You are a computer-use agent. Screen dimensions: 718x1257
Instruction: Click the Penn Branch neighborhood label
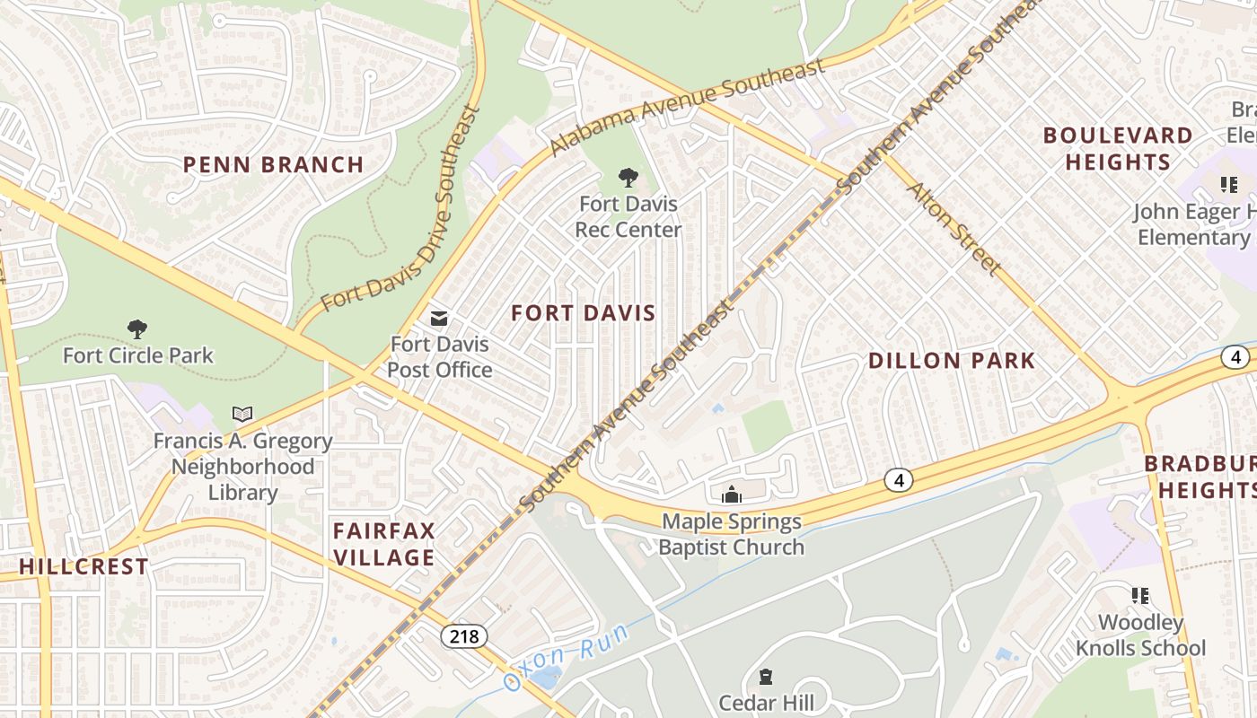tap(273, 165)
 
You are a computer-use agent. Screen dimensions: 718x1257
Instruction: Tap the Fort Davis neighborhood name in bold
tap(583, 313)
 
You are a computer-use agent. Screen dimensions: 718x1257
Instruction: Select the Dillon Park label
tap(952, 361)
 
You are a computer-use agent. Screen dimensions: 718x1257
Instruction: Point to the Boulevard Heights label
tap(1118, 149)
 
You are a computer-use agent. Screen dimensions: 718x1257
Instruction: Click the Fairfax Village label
tap(383, 544)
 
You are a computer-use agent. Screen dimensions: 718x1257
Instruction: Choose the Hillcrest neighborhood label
tap(84, 567)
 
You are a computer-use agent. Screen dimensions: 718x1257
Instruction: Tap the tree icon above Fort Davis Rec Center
tap(628, 178)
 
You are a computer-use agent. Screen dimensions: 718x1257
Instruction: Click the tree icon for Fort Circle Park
tap(137, 329)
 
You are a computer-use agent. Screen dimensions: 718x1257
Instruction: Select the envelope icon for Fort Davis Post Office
tap(439, 318)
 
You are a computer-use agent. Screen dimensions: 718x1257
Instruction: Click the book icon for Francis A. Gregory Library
tap(242, 414)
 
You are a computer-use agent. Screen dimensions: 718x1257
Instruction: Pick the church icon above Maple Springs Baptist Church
tap(732, 495)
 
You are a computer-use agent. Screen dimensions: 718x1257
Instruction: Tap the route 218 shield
tap(464, 636)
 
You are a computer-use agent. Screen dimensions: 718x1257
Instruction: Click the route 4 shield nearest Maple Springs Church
tap(899, 480)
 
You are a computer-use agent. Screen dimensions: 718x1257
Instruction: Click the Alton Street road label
tap(954, 229)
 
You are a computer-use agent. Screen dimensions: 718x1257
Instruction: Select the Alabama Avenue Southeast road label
tap(686, 107)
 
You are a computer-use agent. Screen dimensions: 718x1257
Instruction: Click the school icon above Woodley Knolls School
tap(1140, 596)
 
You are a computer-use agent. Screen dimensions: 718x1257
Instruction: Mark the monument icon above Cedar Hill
tap(766, 676)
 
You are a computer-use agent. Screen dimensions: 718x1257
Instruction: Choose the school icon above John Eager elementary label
tap(1228, 186)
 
